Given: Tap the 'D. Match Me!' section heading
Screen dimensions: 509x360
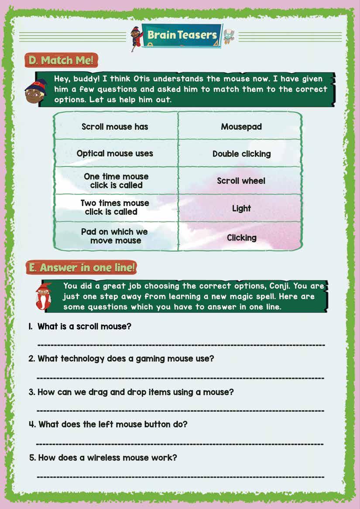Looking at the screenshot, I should click(x=62, y=60).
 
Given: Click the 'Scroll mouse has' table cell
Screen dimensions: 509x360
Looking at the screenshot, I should click(x=115, y=127).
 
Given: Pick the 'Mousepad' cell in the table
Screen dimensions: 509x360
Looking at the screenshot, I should click(x=241, y=127).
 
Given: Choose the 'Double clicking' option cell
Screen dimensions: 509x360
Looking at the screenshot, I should click(x=241, y=154).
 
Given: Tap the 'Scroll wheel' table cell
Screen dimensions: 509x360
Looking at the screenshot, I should click(x=241, y=181).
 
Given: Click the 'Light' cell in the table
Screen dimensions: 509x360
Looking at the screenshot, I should click(x=241, y=208).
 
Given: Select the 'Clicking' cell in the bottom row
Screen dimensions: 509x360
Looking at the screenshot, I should click(x=241, y=238).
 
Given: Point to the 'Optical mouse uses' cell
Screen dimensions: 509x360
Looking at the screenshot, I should click(x=115, y=154).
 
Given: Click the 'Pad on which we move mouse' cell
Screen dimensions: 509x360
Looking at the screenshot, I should click(x=115, y=236).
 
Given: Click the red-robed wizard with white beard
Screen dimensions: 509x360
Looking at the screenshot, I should click(x=43, y=295).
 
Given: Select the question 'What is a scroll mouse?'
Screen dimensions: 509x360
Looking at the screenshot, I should click(x=84, y=326).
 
